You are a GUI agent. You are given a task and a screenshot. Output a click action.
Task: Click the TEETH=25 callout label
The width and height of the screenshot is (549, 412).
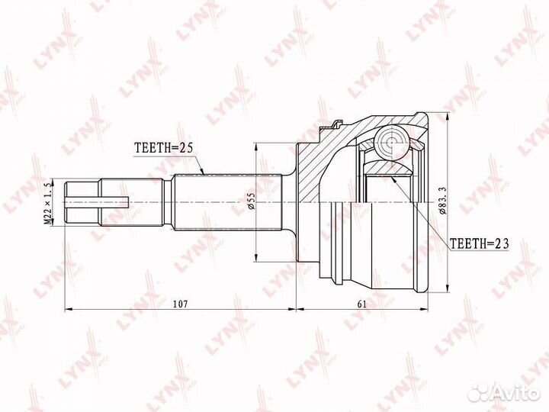tap(164, 149)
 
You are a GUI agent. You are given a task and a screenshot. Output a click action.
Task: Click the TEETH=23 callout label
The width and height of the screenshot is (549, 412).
tap(479, 243)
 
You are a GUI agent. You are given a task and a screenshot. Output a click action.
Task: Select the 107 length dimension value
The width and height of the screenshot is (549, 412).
tap(181, 304)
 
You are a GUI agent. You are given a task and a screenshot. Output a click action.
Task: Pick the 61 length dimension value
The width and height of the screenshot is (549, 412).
tap(361, 304)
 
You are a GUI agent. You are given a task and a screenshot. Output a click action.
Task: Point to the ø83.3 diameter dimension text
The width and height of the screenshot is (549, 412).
tap(442, 201)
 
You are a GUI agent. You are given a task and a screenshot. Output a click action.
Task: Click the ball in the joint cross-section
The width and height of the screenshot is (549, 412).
tap(391, 142)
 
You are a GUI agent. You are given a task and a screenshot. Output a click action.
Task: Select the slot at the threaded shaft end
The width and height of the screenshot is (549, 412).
tap(97, 201)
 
